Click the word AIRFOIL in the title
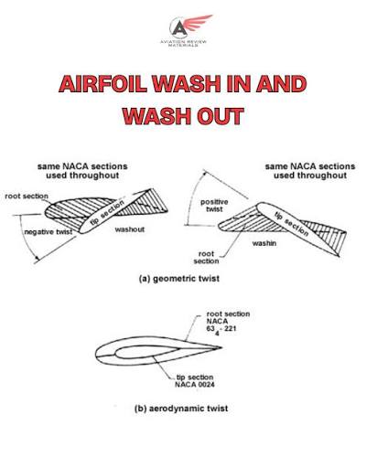102,83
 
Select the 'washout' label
130,229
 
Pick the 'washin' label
264,243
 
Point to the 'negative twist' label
48,232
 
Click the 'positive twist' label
214,206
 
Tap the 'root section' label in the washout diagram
27,197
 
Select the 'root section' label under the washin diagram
206,258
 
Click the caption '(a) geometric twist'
179,279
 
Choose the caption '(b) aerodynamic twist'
181,409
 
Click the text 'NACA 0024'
195,385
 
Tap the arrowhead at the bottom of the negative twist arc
37,260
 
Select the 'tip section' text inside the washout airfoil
107,212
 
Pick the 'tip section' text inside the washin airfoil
292,224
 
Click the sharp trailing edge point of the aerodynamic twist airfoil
221,347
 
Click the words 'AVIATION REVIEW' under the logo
184,41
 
